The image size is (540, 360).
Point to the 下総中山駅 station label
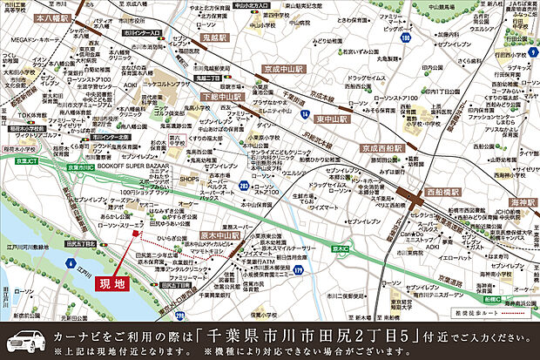(220, 97)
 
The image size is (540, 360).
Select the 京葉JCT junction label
(19, 162)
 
